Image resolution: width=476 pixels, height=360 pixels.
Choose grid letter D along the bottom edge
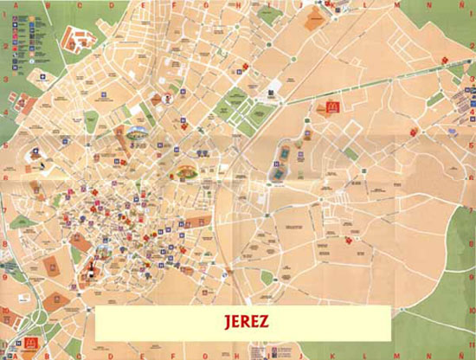[80, 355]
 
